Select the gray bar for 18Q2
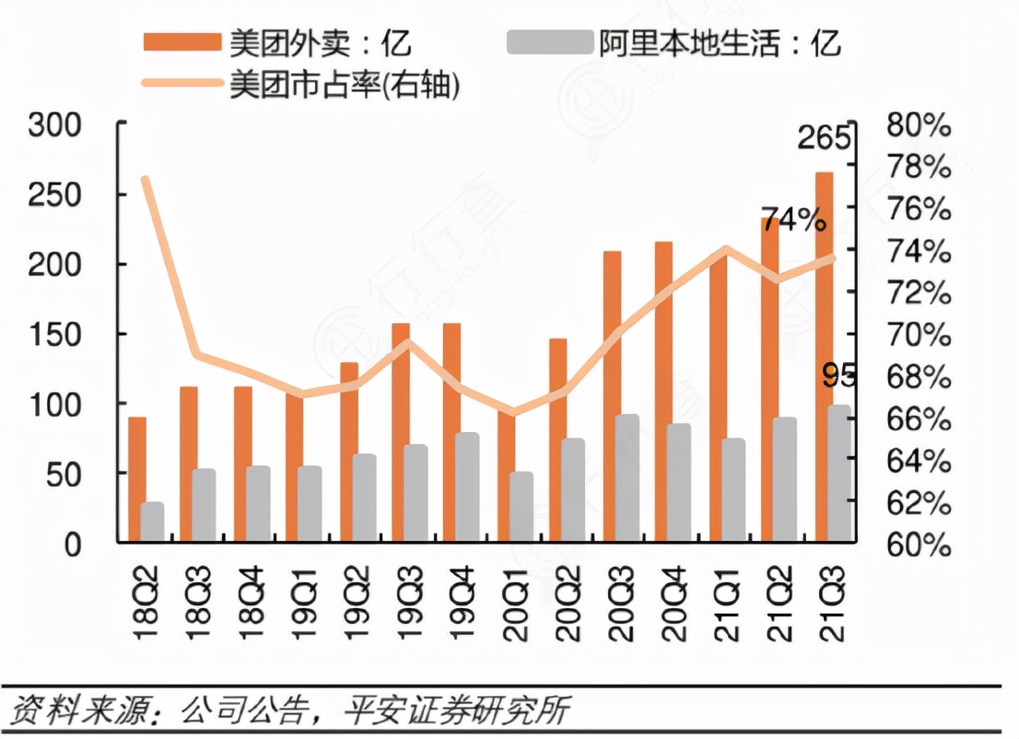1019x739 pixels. (152, 522)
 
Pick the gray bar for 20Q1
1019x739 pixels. (521, 506)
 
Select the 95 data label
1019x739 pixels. (839, 376)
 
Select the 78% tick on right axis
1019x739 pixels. (918, 167)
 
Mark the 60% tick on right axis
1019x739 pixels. (918, 545)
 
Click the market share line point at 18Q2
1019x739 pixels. (145, 179)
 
